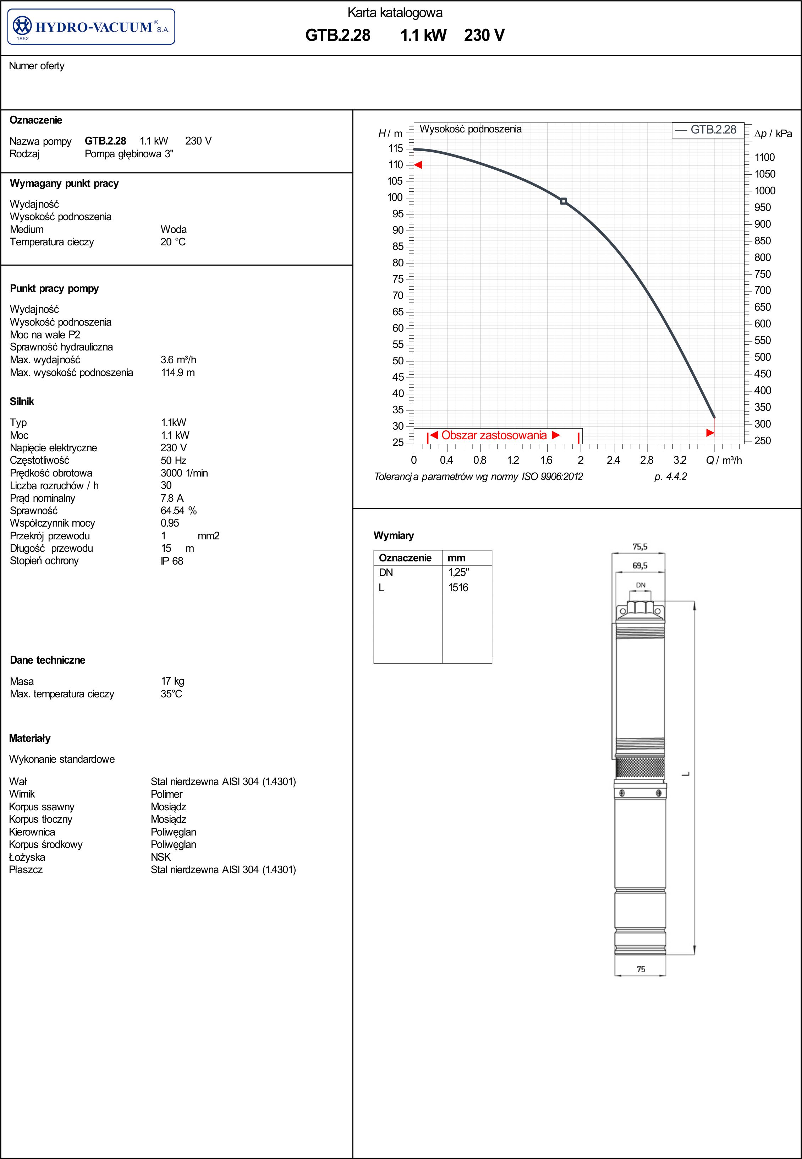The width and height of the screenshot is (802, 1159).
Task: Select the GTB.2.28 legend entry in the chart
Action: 706,130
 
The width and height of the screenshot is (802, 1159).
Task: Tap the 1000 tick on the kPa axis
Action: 764,191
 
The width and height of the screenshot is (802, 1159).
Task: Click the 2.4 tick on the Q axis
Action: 613,460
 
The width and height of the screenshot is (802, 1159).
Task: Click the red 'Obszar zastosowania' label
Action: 494,435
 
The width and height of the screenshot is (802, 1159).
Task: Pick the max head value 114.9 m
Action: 177,372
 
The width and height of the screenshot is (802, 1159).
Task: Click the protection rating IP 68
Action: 172,561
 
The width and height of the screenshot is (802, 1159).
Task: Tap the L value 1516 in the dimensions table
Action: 458,588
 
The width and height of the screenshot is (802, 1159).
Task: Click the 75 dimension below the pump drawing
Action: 641,969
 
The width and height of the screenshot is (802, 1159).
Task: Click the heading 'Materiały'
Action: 30,739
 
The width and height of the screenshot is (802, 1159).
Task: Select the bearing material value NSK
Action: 161,857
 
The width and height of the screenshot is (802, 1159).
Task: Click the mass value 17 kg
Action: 172,681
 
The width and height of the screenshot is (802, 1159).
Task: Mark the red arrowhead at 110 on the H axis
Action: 418,165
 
